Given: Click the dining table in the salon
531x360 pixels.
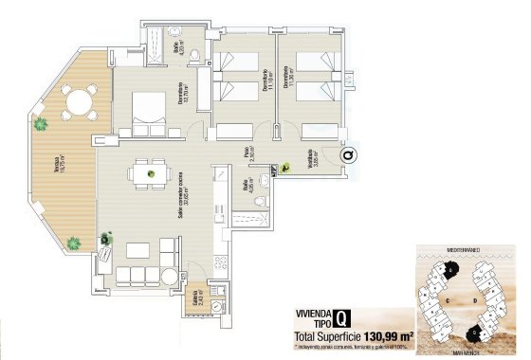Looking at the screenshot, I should pyautogui.click(x=144, y=173).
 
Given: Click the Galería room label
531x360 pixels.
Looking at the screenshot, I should pyautogui.click(x=198, y=300).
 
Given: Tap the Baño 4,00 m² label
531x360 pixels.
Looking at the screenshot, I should pyautogui.click(x=177, y=50).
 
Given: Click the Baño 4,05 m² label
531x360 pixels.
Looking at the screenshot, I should pyautogui.click(x=250, y=186).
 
